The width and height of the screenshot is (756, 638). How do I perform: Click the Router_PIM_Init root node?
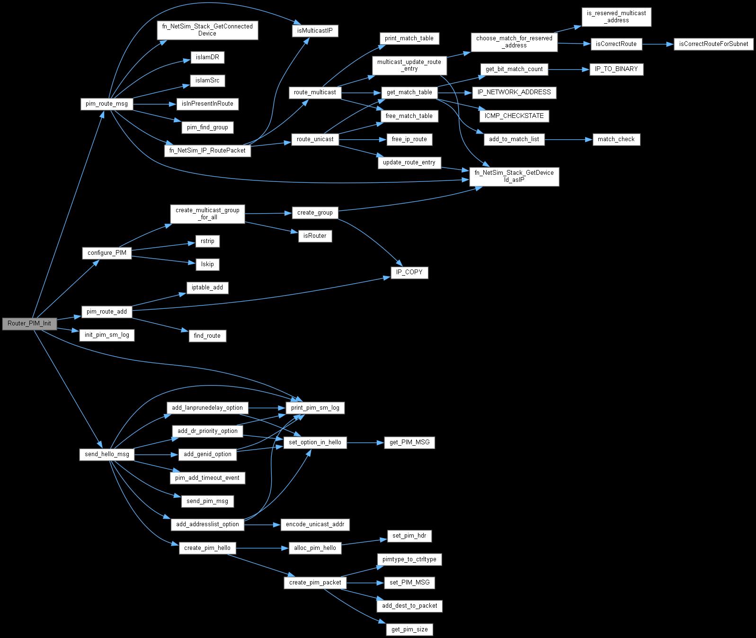tap(29, 324)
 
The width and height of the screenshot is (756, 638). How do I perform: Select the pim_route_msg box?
tap(107, 104)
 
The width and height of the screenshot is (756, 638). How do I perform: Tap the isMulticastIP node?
tap(315, 31)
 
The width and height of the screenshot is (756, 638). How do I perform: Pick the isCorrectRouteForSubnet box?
tap(713, 44)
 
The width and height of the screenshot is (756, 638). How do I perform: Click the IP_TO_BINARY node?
tap(616, 69)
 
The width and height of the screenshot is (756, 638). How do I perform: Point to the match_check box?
tap(616, 139)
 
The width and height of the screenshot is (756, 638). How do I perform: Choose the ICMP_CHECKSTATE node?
tap(514, 116)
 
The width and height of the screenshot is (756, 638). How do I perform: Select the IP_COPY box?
tap(409, 273)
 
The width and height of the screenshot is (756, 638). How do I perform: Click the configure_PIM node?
tap(107, 253)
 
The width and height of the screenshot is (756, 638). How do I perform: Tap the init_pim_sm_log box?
tap(107, 335)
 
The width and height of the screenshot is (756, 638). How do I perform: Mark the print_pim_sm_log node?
tap(315, 407)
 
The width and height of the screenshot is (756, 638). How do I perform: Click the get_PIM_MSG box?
tap(409, 442)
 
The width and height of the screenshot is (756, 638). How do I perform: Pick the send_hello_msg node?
tap(107, 454)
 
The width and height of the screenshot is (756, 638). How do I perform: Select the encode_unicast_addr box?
tap(315, 524)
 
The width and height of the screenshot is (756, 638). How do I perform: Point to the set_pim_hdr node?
tap(409, 536)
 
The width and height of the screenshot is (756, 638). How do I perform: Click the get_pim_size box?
tap(409, 629)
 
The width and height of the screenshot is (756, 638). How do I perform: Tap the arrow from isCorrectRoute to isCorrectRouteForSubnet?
tap(658, 44)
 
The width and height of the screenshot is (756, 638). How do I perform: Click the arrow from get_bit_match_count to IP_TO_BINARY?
tap(568, 69)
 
